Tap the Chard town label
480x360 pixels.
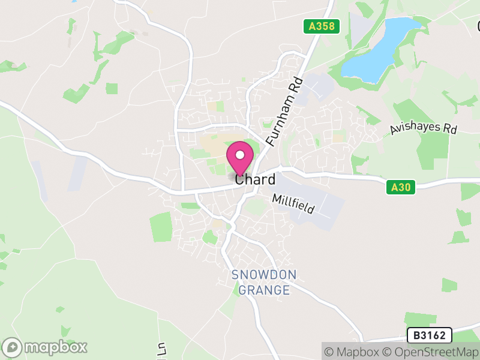[x=256, y=179]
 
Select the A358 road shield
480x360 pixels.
[x=321, y=26]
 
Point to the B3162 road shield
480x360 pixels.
[x=428, y=335]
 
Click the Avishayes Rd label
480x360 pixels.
[x=423, y=128]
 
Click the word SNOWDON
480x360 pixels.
[x=264, y=276]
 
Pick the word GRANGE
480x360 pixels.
[x=264, y=290]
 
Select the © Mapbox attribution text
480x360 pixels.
[x=352, y=351]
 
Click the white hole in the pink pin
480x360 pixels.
[x=240, y=155]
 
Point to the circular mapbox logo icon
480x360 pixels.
[x=12, y=347]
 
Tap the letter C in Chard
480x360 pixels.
[x=240, y=179]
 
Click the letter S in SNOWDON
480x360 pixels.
[x=235, y=276]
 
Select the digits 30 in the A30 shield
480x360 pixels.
[x=404, y=188]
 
